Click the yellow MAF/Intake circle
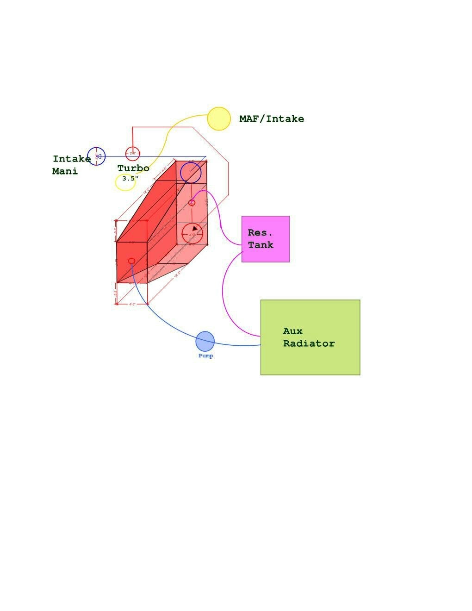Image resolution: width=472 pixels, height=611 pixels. (219, 118)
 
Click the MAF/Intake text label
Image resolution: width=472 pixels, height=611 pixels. (272, 118)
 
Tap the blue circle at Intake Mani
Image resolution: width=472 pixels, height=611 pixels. (96, 156)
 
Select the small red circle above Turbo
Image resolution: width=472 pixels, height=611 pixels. (133, 153)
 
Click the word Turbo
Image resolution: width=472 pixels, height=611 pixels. (133, 168)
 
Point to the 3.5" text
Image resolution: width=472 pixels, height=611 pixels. (130, 178)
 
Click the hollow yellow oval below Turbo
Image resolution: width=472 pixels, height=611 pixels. (125, 182)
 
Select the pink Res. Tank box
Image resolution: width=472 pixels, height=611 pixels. (266, 239)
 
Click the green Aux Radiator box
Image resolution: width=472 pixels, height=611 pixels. (310, 337)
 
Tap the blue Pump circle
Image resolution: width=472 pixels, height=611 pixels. (205, 341)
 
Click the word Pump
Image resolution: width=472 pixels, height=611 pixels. (206, 356)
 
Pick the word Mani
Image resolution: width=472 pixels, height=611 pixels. (65, 171)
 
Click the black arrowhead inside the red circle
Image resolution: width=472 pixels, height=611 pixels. (195, 228)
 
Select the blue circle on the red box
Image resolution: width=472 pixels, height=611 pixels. (191, 172)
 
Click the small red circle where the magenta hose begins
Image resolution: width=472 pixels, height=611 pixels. (192, 202)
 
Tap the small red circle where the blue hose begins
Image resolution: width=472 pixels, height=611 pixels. (131, 261)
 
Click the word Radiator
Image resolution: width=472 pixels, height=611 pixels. (309, 343)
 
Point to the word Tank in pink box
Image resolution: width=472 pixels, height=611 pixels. (261, 245)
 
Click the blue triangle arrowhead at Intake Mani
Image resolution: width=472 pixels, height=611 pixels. (98, 156)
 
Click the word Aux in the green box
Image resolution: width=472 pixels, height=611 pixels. (292, 331)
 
